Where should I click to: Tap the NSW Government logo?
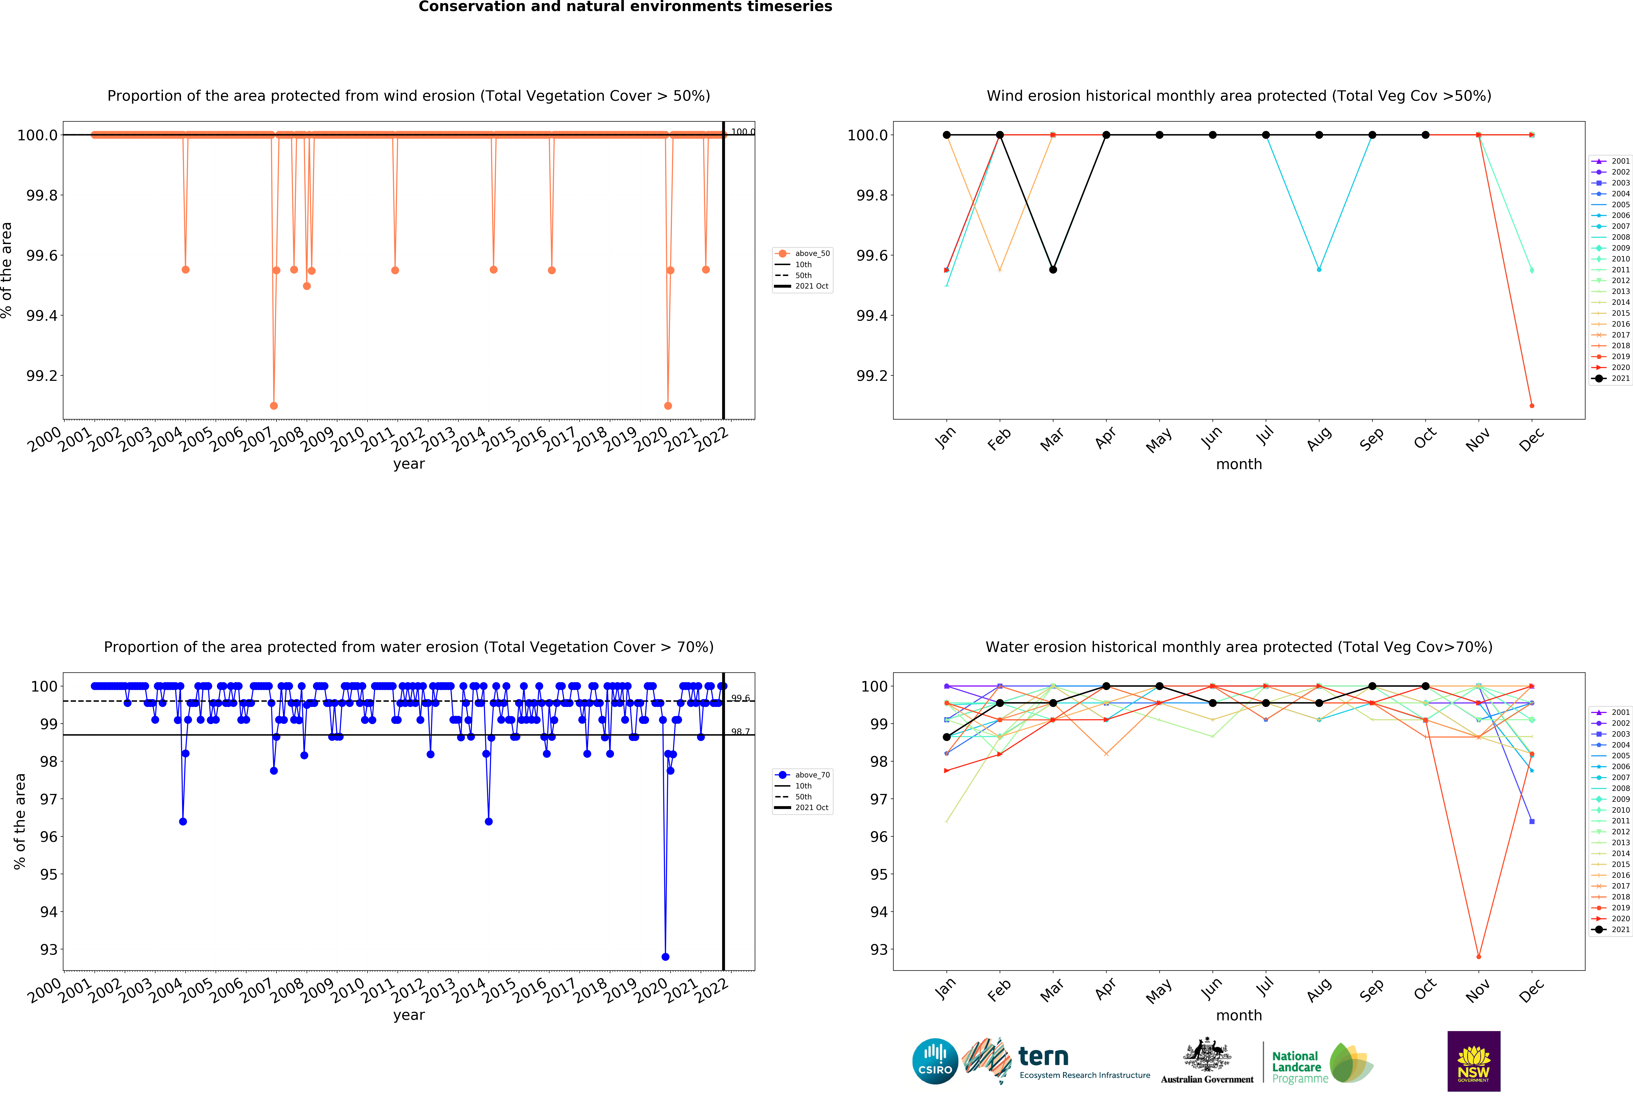coord(1474,1061)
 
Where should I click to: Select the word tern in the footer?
coord(1043,1056)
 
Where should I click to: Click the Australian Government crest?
coord(1206,1054)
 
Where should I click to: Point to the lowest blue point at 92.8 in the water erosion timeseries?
coord(665,956)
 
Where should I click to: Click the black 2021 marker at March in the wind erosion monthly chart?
coord(1053,270)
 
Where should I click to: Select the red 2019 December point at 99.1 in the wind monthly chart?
coord(1532,406)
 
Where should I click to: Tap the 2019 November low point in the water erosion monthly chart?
coord(1478,956)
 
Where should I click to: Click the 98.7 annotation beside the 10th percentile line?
coord(740,732)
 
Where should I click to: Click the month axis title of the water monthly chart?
coord(1239,1016)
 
